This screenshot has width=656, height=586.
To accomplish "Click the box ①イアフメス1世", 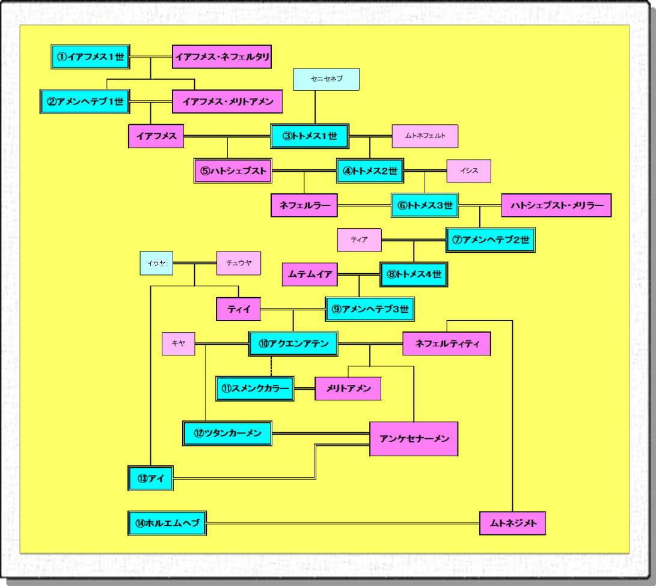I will (90, 58).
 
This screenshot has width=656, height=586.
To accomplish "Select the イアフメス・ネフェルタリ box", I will (221, 58).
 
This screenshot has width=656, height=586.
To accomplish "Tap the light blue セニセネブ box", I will (326, 80).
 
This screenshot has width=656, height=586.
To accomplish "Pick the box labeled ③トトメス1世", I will (309, 136).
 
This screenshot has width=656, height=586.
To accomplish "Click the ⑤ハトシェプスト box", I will (233, 171).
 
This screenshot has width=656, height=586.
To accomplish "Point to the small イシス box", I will (469, 171).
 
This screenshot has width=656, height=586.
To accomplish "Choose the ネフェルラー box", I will (304, 205).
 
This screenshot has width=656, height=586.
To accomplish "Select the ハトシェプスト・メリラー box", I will (556, 205).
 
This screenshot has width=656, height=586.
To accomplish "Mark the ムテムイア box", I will (310, 274).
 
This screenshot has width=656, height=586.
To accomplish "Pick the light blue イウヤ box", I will (156, 263).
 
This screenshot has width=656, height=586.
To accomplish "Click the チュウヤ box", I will (239, 263).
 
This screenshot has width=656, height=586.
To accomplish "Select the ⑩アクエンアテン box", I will (293, 344).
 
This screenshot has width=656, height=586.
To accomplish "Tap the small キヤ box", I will (179, 343).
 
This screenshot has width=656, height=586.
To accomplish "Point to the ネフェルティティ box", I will (447, 344).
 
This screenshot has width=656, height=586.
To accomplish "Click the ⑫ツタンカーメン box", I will (228, 433).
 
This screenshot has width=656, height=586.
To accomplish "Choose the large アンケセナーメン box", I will (414, 439).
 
